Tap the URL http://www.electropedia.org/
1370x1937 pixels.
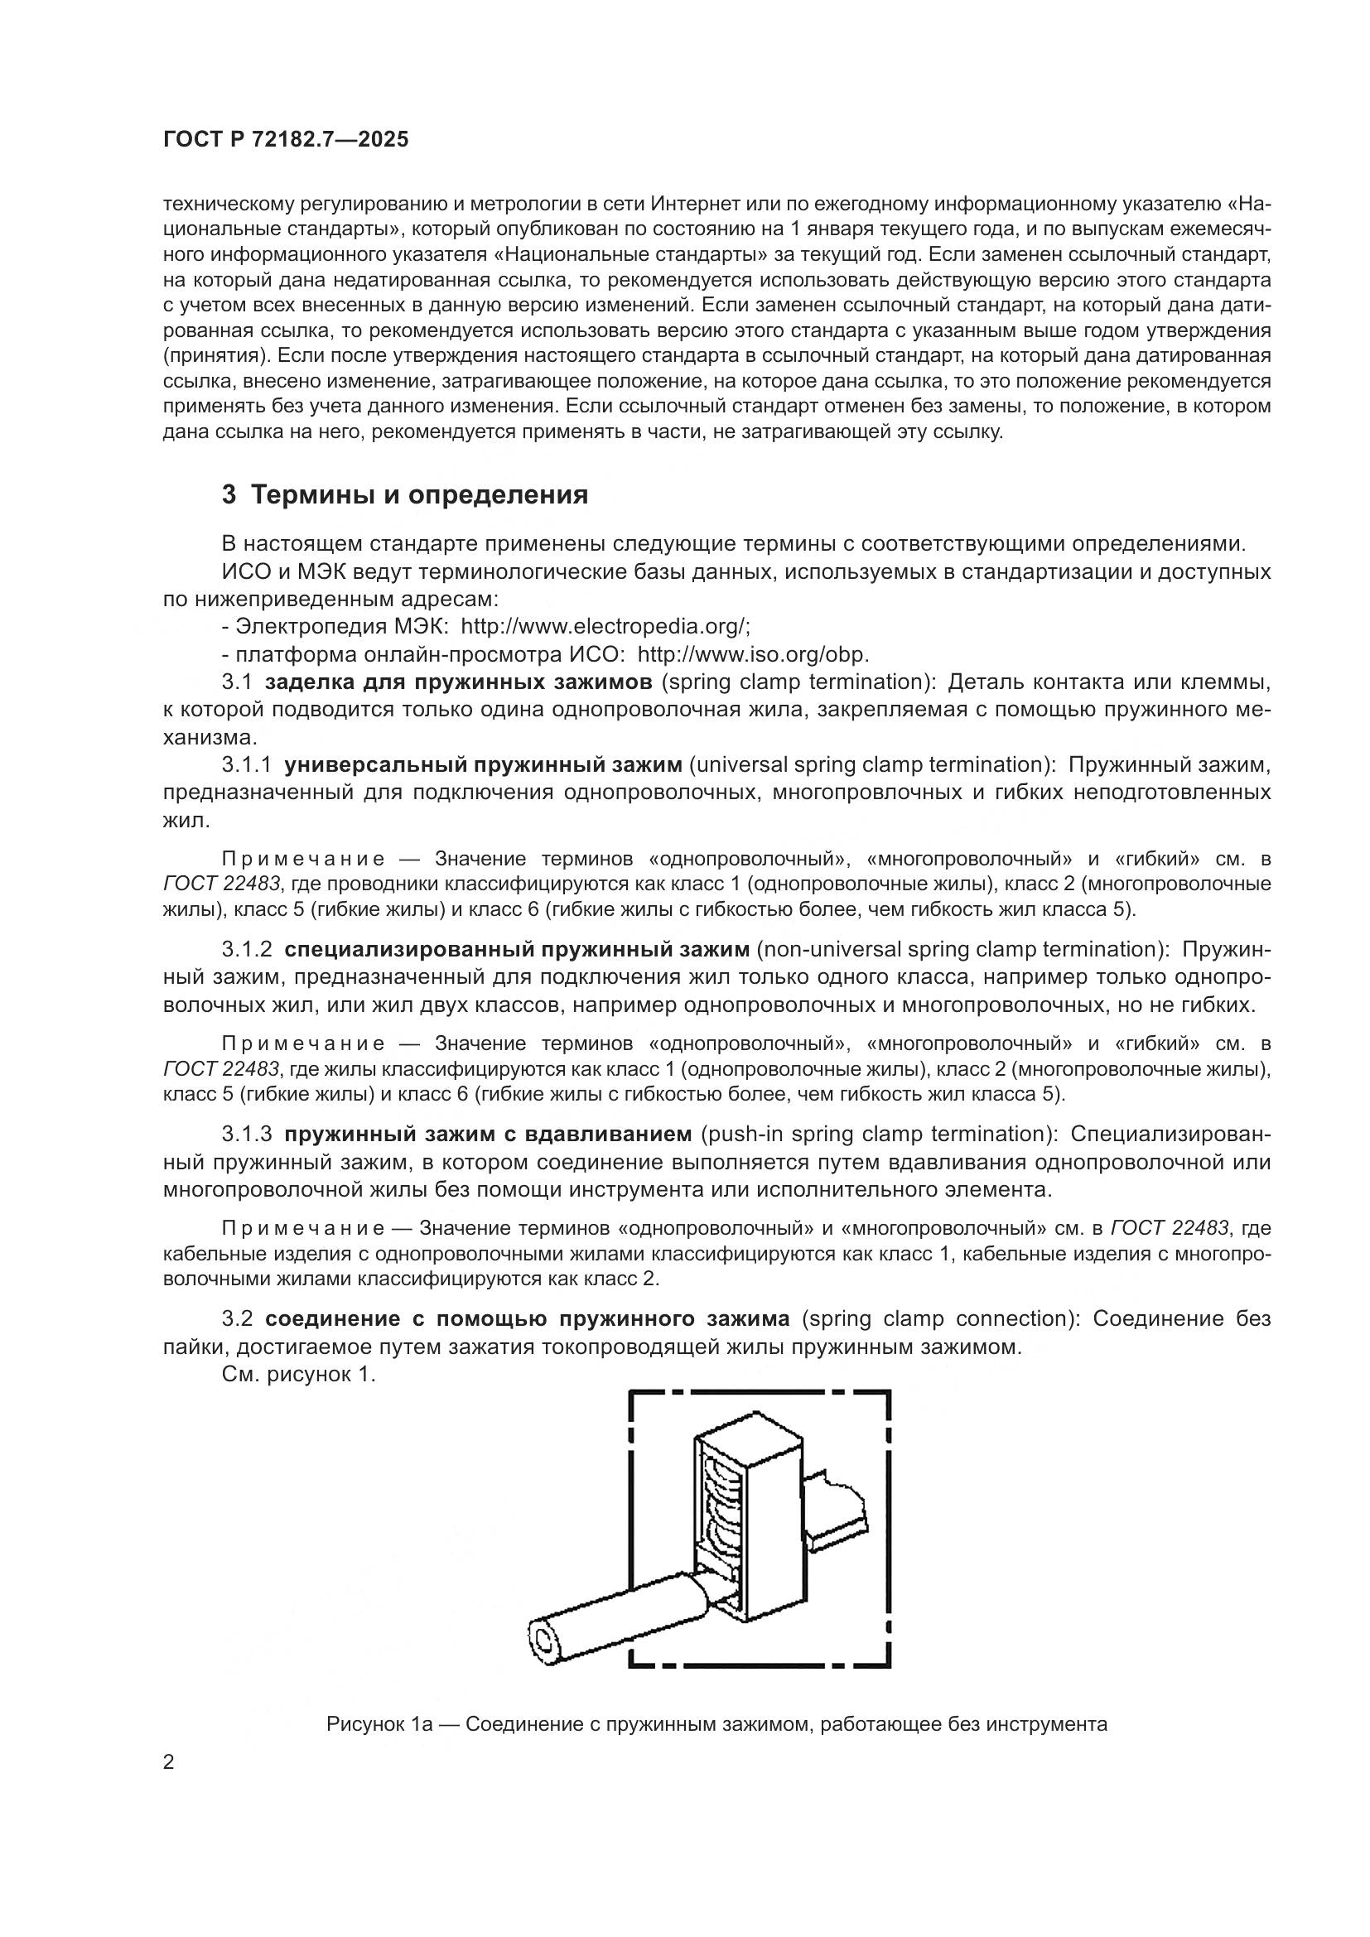605,627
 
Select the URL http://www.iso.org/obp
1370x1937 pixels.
752,655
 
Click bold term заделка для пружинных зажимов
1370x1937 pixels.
458,682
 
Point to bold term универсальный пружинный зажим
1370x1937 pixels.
483,765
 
